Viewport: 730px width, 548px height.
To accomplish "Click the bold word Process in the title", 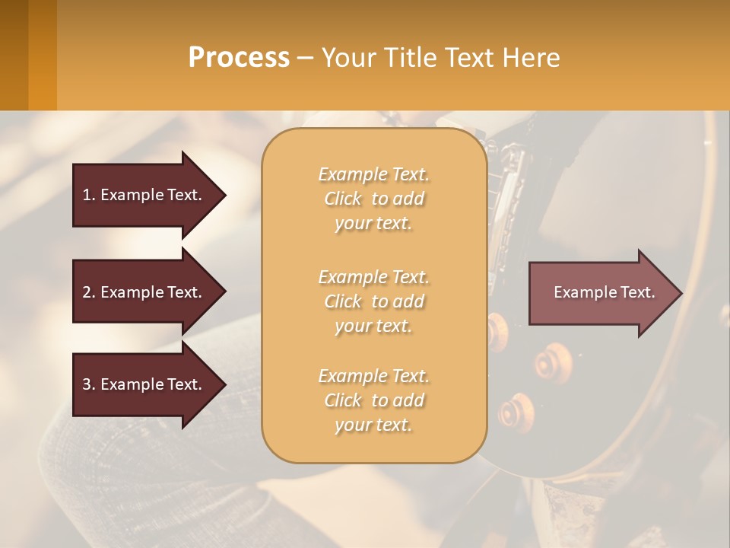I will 239,58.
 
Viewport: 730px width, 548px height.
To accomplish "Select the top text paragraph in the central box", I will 373,199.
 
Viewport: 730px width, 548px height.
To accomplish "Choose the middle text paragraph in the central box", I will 373,301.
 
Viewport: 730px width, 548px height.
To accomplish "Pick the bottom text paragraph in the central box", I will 373,400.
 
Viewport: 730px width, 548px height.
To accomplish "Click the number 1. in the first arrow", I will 89,195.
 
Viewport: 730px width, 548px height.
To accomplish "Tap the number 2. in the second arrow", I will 89,292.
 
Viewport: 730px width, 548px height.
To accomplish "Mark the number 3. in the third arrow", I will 89,384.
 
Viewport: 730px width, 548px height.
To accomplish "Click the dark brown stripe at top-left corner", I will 14,55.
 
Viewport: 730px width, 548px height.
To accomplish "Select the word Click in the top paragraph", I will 343,199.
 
